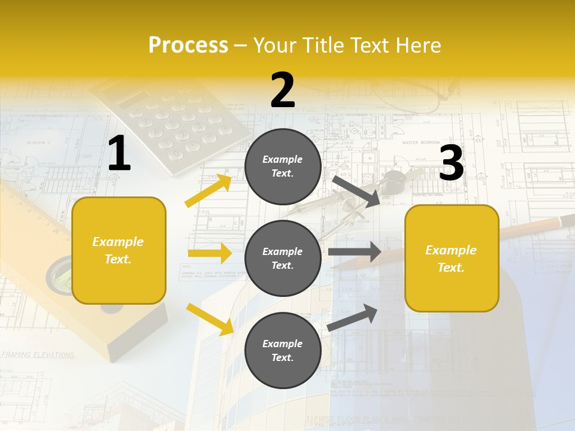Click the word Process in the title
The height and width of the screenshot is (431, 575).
click(188, 45)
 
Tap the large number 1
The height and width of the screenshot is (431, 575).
click(119, 154)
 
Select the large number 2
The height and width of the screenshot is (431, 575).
click(283, 90)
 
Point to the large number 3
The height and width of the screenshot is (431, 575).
click(452, 163)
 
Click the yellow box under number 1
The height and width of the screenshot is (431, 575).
click(119, 250)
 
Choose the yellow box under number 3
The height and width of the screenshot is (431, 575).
click(452, 258)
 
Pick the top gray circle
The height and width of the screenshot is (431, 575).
click(283, 166)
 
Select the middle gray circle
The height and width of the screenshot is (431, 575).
click(283, 258)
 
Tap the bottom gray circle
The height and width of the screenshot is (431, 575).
click(283, 350)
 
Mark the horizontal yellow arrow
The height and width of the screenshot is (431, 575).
click(210, 253)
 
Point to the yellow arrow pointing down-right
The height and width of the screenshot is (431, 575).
click(210, 319)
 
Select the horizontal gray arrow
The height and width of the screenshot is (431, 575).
click(355, 251)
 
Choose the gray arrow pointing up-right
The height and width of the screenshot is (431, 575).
click(352, 318)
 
